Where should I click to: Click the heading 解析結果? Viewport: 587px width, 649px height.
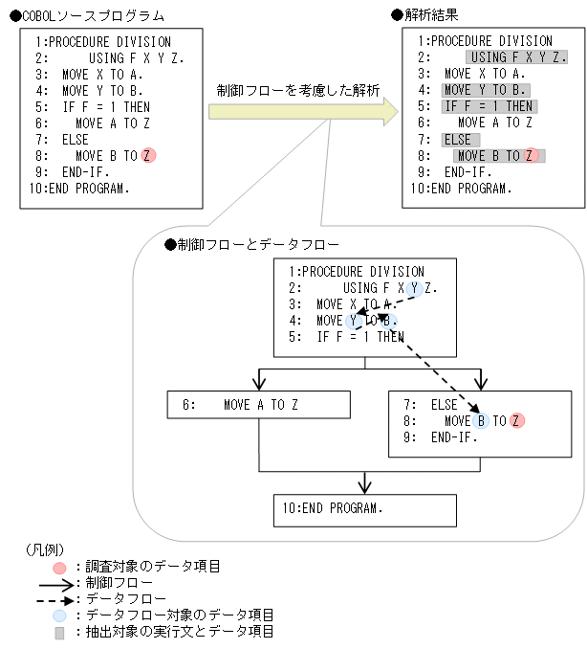click(430, 16)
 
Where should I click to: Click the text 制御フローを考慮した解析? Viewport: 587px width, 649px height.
click(297, 90)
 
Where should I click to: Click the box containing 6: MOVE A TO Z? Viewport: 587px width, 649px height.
click(259, 405)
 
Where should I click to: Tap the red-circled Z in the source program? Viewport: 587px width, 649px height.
click(147, 155)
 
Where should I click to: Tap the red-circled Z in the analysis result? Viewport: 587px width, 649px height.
click(532, 155)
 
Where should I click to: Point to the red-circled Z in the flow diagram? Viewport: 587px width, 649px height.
click(517, 420)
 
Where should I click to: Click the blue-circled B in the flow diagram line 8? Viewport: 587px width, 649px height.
click(481, 420)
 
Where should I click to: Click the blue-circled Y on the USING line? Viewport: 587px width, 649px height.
click(414, 288)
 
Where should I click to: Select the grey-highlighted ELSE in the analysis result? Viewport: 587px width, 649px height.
click(461, 139)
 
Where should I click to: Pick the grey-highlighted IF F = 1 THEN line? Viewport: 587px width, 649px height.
click(489, 106)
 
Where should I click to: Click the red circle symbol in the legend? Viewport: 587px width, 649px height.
click(59, 567)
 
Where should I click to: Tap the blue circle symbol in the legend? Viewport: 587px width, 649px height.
click(59, 615)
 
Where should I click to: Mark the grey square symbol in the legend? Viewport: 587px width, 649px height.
click(59, 632)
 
